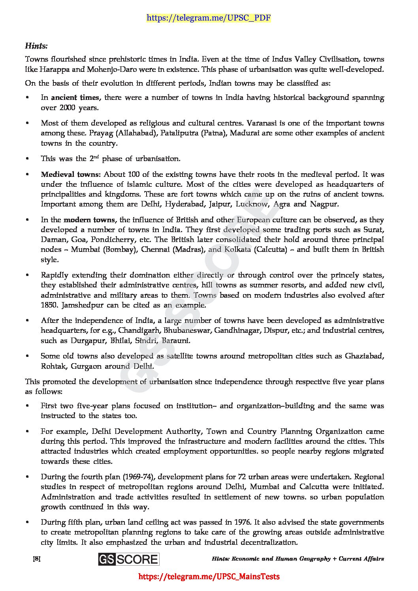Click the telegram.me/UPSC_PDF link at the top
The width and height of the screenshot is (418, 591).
[x=209, y=18]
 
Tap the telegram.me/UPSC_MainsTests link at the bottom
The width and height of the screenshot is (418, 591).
[x=209, y=576]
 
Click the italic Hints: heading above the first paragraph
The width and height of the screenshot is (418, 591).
[x=36, y=46]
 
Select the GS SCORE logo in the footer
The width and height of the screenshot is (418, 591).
[x=129, y=559]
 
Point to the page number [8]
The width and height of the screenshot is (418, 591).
[x=37, y=559]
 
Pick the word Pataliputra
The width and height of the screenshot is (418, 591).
[x=179, y=133]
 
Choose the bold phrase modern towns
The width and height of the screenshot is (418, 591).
[x=89, y=220]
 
